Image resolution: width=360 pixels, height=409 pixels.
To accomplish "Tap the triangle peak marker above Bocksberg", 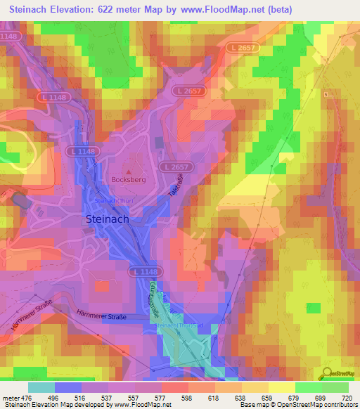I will click(128, 171).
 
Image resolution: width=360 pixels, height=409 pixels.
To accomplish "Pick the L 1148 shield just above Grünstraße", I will click(143, 271).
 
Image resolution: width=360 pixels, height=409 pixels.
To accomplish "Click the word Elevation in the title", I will click(80, 9).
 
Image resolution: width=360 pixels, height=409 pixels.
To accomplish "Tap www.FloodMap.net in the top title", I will click(219, 9).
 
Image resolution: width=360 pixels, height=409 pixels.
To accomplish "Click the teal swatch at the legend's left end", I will click(41, 387).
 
